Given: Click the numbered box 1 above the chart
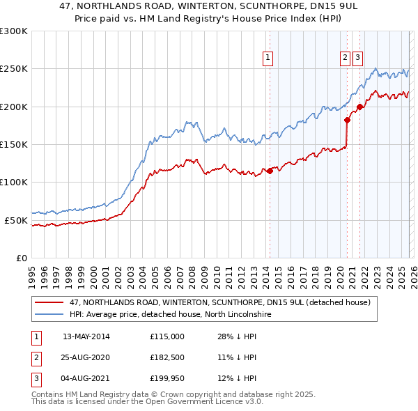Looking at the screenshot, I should tap(268, 59).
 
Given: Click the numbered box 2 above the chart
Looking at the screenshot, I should tap(345, 59).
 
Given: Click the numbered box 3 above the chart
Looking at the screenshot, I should tap(357, 59).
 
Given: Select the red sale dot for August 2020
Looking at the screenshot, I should tap(347, 120).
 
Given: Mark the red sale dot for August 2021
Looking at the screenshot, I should tap(359, 107).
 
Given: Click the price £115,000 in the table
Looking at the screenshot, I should tap(167, 336).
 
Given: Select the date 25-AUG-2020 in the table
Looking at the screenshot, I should tap(86, 357).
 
